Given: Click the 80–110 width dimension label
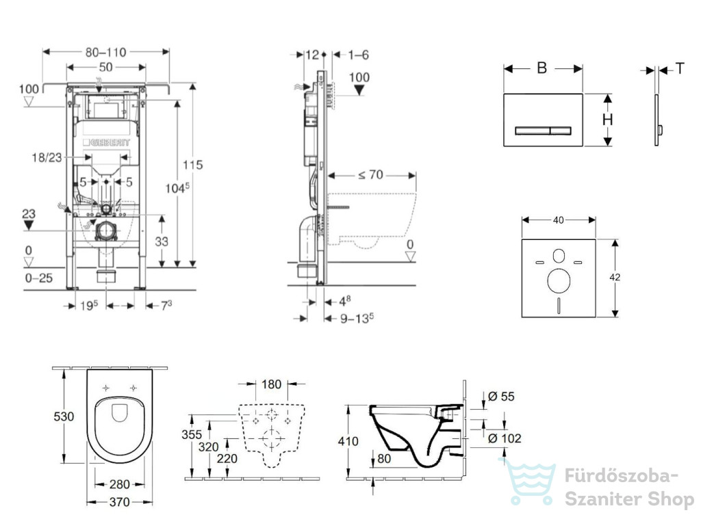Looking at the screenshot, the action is click(x=105, y=52).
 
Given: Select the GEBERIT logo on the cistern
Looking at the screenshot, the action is click(x=106, y=142).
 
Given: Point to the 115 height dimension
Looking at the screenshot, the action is click(x=192, y=165).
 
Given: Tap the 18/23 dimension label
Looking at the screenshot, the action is click(x=47, y=157).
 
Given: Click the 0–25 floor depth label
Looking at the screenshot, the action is click(x=39, y=278).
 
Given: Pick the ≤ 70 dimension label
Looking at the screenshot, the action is click(x=370, y=174).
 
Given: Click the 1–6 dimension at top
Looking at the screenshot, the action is click(x=358, y=55).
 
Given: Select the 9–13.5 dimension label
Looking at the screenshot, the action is click(x=357, y=318).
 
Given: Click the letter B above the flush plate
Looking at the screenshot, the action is click(x=542, y=68).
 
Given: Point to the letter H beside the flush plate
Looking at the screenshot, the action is click(x=607, y=120).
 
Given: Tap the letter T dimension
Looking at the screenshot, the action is click(x=680, y=68).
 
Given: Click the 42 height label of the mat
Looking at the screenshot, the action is click(x=615, y=277).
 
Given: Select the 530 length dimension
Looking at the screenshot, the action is click(x=64, y=416).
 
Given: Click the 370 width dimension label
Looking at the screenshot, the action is click(x=119, y=502).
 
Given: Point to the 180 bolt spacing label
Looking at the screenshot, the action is click(x=271, y=384).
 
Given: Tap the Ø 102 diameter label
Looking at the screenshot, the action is click(x=505, y=438).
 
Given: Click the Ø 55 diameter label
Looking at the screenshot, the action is click(x=501, y=397).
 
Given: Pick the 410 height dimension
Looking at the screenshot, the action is click(x=348, y=442).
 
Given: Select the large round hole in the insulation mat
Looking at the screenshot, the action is click(x=559, y=281).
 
